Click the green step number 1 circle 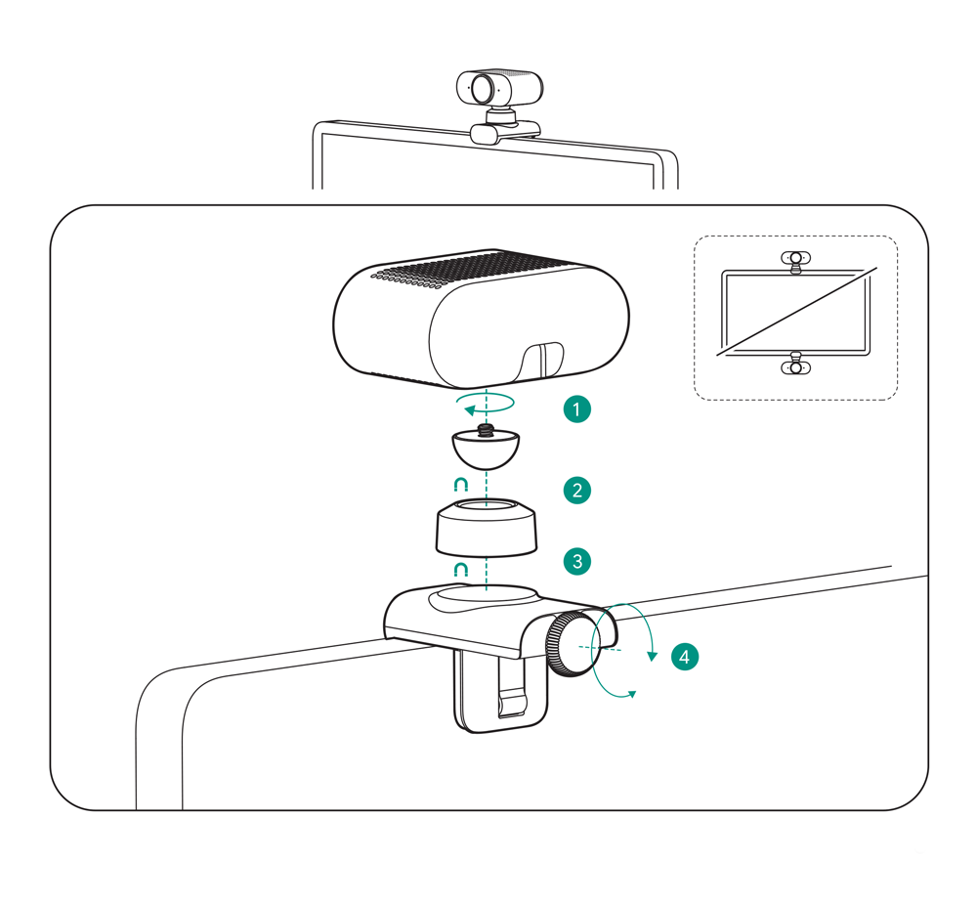576,409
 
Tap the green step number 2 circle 577,491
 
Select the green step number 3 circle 577,562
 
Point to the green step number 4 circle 684,657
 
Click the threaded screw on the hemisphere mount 486,429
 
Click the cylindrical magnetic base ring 486,527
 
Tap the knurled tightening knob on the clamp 572,644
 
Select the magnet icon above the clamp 460,570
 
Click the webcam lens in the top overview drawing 483,89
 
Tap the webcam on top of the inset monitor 795,261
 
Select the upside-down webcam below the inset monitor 795,364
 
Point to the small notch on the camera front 541,361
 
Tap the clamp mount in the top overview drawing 505,133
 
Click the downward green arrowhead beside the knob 653,656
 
